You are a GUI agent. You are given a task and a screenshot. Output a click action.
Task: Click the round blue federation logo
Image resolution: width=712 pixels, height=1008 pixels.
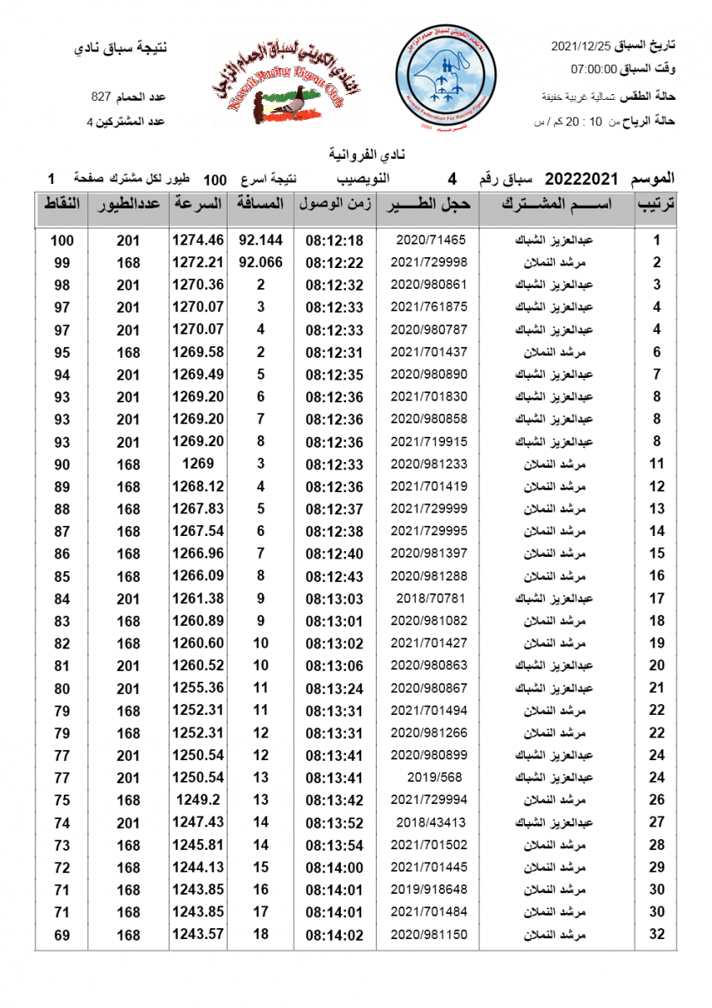441,76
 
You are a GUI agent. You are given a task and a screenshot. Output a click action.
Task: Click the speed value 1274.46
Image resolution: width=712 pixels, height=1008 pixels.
198,240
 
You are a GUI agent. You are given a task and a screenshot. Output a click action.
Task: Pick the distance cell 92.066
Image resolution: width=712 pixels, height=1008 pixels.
260,262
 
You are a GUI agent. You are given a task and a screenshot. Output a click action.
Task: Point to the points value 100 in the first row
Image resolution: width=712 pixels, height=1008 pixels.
62,240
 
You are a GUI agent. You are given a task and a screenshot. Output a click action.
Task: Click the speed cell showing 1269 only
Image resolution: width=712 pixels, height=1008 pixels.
198,464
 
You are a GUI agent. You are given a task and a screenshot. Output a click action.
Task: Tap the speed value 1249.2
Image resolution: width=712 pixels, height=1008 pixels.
198,800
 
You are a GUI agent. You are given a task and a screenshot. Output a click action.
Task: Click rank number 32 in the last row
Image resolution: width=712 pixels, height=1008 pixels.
657,934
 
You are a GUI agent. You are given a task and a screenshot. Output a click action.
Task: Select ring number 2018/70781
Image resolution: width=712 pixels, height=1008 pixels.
427,598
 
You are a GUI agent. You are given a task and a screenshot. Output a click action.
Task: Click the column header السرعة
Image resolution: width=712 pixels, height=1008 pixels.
198,204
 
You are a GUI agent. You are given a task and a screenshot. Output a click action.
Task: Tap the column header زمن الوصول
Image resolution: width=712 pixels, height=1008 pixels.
334,204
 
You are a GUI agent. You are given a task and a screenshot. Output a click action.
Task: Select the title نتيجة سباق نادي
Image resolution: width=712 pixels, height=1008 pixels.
121,47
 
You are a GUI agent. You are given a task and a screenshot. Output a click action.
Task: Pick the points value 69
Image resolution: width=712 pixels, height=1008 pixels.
62,934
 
